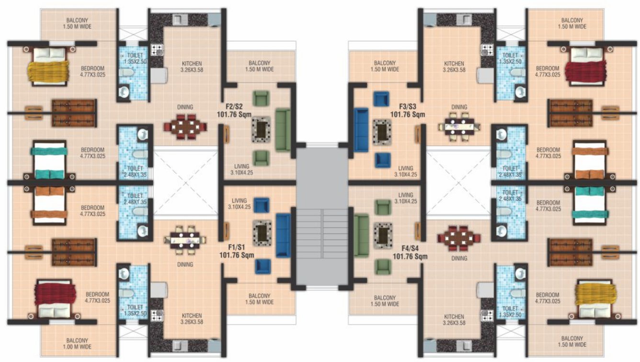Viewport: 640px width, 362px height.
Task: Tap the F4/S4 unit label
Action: click(410, 253)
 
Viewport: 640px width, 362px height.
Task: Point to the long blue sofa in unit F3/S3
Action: click(361, 130)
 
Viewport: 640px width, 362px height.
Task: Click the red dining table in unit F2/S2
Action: click(185, 126)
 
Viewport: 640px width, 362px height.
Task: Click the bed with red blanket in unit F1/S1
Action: click(54, 299)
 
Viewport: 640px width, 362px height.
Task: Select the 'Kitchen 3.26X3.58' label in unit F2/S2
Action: click(192, 67)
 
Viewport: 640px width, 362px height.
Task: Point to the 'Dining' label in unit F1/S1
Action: click(185, 265)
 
